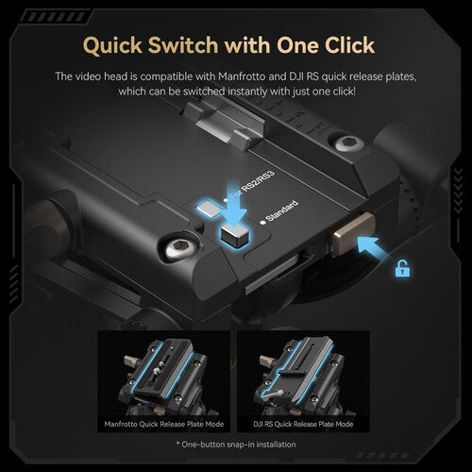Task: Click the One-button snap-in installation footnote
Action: [x=235, y=443]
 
